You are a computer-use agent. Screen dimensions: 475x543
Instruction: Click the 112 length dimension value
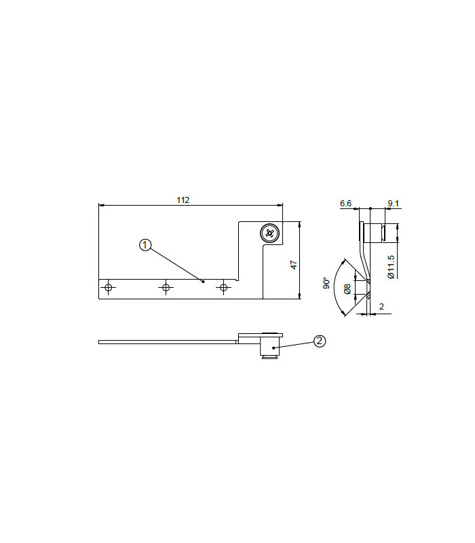pos(183,200)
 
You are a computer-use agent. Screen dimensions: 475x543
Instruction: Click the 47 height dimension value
pos(294,265)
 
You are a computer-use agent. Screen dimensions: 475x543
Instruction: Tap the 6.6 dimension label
pos(345,203)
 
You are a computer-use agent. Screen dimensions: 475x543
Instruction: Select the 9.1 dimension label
pos(393,203)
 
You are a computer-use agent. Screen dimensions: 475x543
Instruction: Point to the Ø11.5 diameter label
pos(391,267)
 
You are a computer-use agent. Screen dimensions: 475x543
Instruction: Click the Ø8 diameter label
pos(347,289)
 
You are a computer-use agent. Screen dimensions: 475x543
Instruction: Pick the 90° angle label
pos(326,283)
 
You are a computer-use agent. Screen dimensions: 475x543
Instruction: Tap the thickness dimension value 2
pos(381,307)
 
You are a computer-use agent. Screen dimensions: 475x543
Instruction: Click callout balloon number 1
pos(145,245)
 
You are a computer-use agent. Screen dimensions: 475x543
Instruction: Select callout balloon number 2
pos(319,341)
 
